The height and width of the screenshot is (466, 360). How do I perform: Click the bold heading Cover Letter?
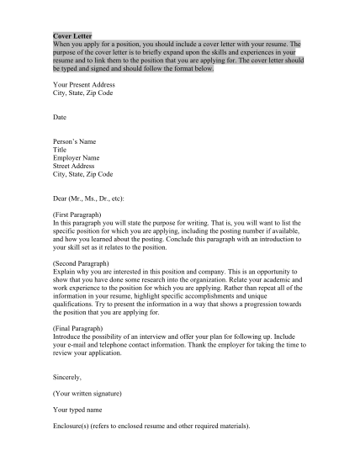click(x=72, y=38)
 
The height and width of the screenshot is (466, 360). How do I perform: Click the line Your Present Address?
click(x=83, y=86)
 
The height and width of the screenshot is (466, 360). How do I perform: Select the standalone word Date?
click(x=60, y=116)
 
